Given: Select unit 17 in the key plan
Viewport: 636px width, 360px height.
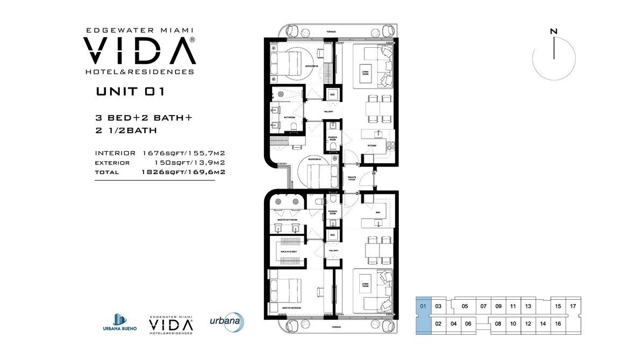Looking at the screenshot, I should [573, 306].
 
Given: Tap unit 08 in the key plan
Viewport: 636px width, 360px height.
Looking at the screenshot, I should [498, 323].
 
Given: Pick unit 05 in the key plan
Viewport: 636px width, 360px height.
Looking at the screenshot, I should [465, 306].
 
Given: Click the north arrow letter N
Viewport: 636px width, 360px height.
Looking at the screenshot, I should [553, 32].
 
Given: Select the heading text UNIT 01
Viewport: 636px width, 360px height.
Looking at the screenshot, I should [130, 91].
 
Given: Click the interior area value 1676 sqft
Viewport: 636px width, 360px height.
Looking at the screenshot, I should [157, 153].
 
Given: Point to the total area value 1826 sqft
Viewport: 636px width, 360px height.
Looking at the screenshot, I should [157, 172].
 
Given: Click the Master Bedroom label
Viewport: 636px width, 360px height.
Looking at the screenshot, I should [291, 308].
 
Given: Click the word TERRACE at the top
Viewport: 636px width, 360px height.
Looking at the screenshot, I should [331, 32].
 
